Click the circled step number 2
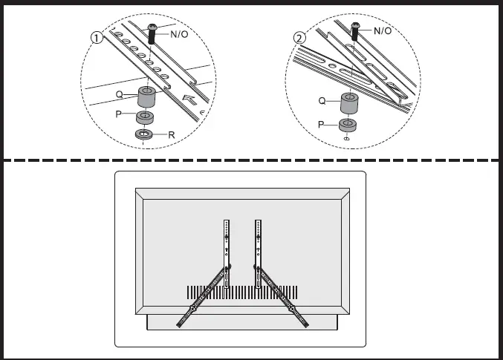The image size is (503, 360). click(299, 37)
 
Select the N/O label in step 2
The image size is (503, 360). click(382, 30)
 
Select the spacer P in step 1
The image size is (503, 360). click(144, 117)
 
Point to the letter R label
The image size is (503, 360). click(171, 136)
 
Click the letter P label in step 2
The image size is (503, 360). click(322, 125)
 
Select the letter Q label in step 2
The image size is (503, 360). click(322, 100)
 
